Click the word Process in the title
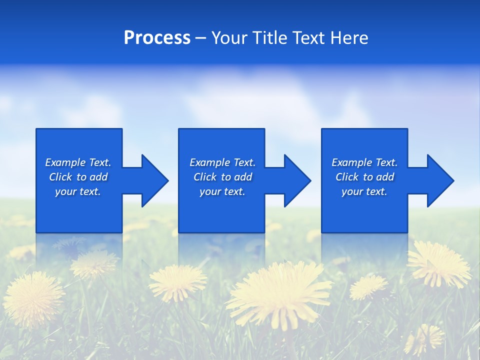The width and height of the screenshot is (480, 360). coord(157,38)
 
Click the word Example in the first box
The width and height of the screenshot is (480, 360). coord(65,162)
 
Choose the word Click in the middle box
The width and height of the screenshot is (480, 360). coord(204,177)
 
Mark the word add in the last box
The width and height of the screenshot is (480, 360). coord(385,177)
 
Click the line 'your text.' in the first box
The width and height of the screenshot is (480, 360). coord(78,191)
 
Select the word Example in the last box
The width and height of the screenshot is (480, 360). coord(351,162)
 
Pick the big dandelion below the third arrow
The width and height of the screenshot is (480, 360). coord(439,263)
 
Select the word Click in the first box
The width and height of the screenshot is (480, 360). coord(60,177)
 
